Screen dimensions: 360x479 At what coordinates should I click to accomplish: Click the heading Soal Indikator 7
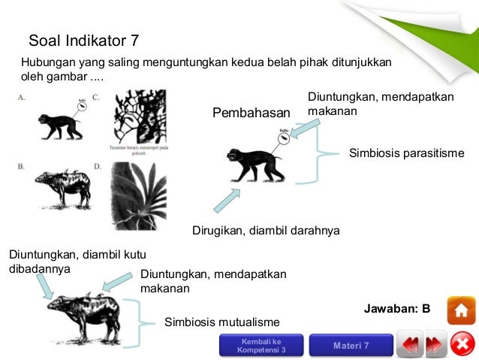coord(83,41)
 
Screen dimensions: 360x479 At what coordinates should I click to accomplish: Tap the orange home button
coord(461,310)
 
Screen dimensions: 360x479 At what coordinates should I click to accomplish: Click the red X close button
coord(462,344)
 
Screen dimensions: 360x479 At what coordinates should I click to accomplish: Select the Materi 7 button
coord(351,345)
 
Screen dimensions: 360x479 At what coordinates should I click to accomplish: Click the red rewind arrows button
coord(409,345)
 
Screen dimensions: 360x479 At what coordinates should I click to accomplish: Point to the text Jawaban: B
coord(396,309)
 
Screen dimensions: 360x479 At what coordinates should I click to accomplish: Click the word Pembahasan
coord(251,113)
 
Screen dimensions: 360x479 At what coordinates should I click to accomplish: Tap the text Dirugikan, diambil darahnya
coord(266,231)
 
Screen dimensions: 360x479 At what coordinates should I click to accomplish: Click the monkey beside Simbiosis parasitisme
coord(250,165)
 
